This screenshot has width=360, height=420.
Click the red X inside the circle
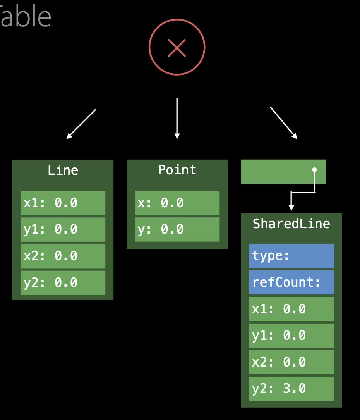pos(177,48)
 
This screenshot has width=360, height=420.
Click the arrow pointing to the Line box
pos(81,124)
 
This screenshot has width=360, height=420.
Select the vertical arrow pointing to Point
pos(177,118)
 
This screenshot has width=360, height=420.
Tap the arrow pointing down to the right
pos(283,123)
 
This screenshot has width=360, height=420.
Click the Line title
pos(63,170)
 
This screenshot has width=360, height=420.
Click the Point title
pos(177,170)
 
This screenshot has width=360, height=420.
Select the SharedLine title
pos(291,224)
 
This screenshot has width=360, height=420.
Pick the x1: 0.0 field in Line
pos(63,203)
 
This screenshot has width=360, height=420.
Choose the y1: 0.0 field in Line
pos(63,229)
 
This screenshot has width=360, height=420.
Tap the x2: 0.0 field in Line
pos(63,256)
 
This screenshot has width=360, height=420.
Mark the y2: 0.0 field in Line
pos(63,282)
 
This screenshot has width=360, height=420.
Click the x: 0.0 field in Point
pos(177,203)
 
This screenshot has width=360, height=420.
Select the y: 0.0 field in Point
pos(177,229)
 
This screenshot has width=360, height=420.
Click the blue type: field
pos(291,256)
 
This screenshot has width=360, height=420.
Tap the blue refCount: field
pos(291,282)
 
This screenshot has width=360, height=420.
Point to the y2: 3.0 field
pos(291,389)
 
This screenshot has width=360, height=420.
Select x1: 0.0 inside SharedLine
pos(291,309)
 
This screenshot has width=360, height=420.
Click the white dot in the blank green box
pos(314,170)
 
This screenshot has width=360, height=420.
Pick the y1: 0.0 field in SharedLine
pos(291,336)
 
